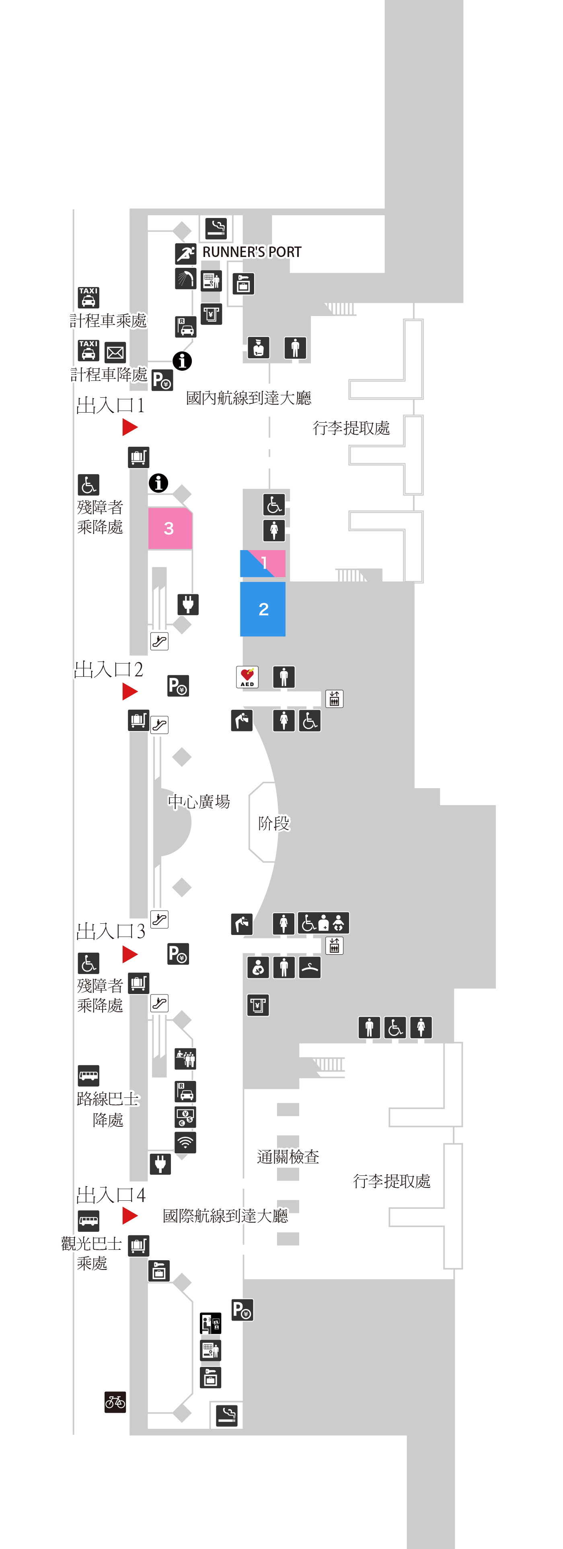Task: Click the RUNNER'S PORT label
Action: [251, 252]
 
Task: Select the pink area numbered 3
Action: [170, 528]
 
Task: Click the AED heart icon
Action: [247, 676]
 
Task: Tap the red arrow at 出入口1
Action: [130, 427]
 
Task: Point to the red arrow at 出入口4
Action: [130, 1215]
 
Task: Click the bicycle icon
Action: [115, 1402]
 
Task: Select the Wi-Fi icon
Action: [185, 1142]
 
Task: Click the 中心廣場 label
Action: [199, 801]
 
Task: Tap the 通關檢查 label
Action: [288, 1157]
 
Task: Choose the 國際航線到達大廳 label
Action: [226, 1215]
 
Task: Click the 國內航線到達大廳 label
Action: [249, 397]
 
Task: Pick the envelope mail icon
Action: [115, 352]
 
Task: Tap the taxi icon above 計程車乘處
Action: [88, 297]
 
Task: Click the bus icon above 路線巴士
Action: [88, 1074]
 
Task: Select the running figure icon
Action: [186, 254]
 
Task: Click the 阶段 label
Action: [274, 823]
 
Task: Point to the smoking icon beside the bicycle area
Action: [227, 1415]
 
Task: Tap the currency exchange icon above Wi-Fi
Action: [185, 1117]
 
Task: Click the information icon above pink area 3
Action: [159, 482]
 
